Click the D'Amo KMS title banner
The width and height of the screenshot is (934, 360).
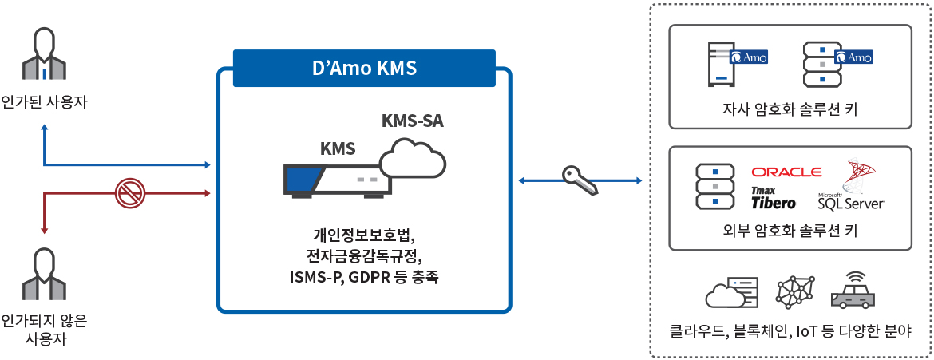click(x=364, y=68)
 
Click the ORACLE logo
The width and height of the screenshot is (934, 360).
click(x=786, y=172)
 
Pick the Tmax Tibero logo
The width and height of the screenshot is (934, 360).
click(x=773, y=197)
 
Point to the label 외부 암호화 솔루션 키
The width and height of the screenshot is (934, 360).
click(x=790, y=231)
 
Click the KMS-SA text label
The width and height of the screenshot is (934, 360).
click(x=412, y=121)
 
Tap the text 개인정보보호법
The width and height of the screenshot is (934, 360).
click(x=364, y=235)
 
